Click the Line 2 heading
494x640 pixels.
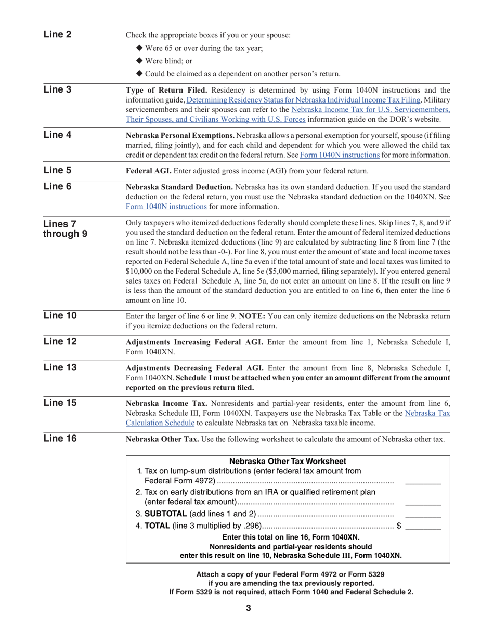click(x=57, y=35)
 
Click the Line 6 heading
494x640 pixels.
click(x=57, y=187)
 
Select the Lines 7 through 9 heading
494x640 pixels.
click(x=65, y=228)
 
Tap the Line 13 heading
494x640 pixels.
click(x=60, y=368)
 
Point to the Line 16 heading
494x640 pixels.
click(x=60, y=439)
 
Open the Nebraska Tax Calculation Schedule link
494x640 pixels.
click(x=288, y=418)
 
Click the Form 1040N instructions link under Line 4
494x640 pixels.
click(x=340, y=155)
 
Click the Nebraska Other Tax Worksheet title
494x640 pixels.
click(x=288, y=462)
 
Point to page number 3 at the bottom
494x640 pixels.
click(x=249, y=608)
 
